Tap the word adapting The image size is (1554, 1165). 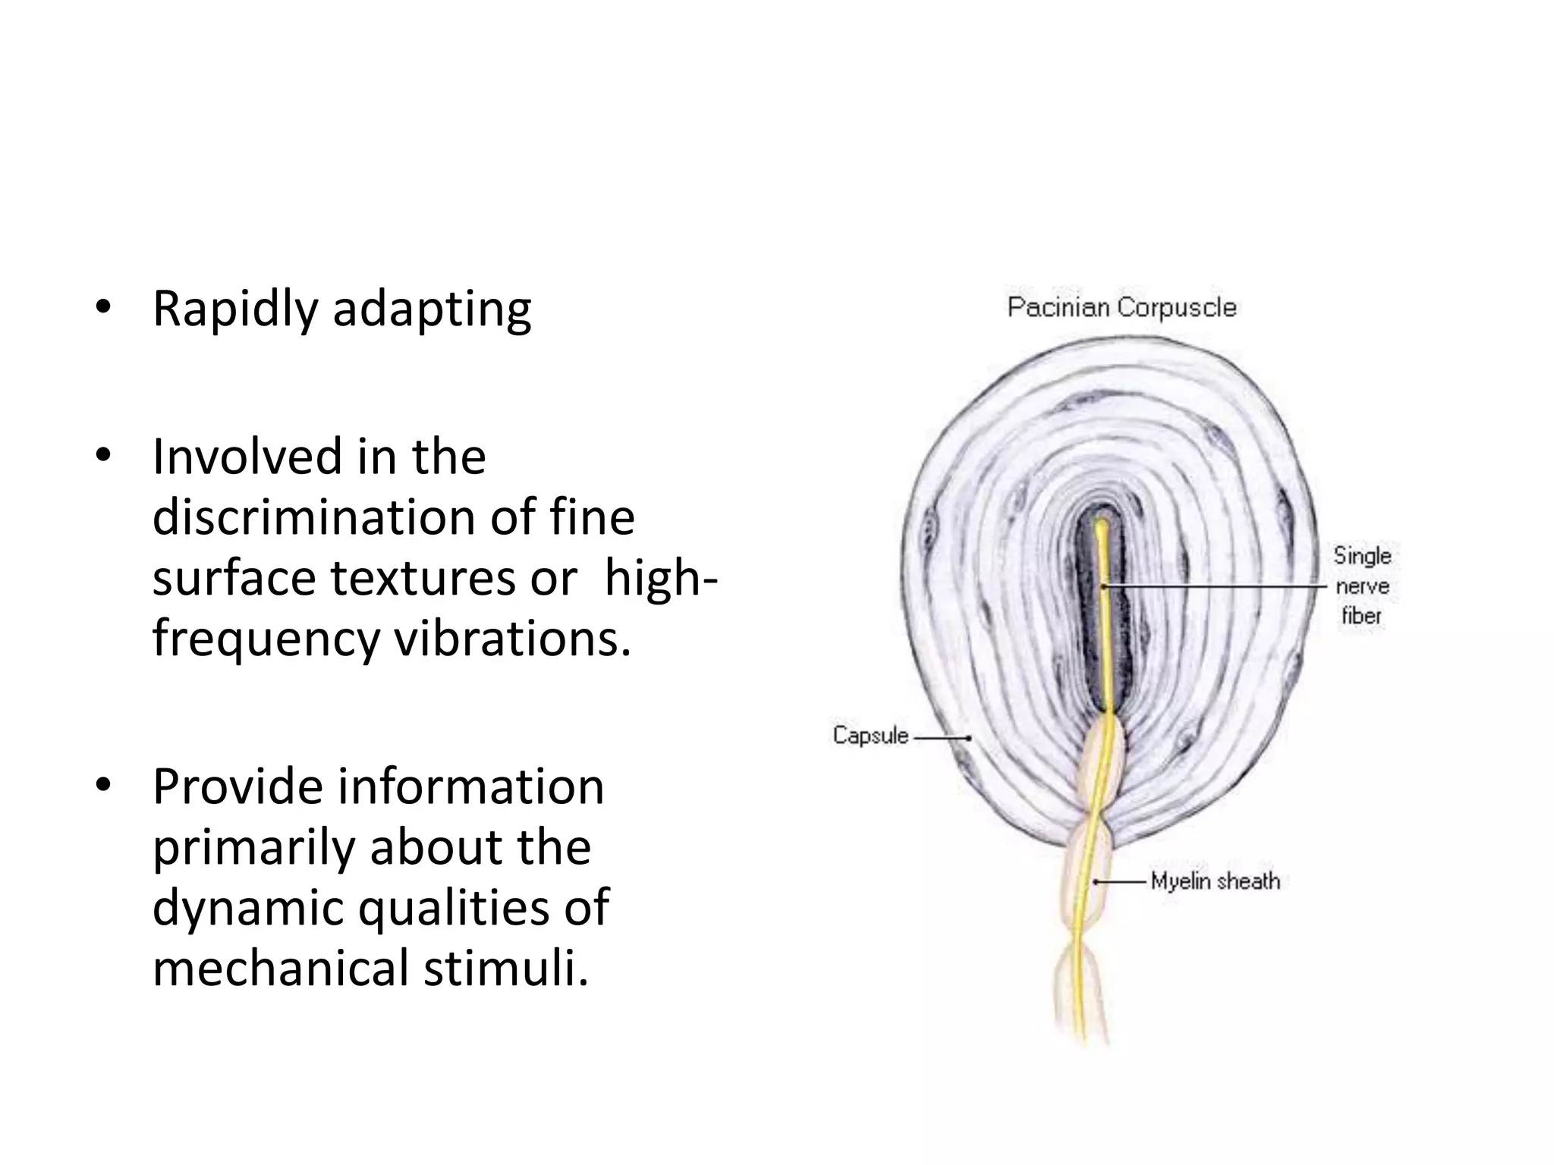pos(432,311)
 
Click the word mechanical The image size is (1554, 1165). pos(280,969)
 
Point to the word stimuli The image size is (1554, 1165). pos(505,969)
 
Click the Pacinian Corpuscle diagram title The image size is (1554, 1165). pos(1121,307)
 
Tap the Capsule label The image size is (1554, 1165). pos(870,735)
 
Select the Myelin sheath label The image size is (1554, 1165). pos(1215,881)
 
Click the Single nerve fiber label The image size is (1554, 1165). pos(1362,586)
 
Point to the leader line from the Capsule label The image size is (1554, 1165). pos(941,736)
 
